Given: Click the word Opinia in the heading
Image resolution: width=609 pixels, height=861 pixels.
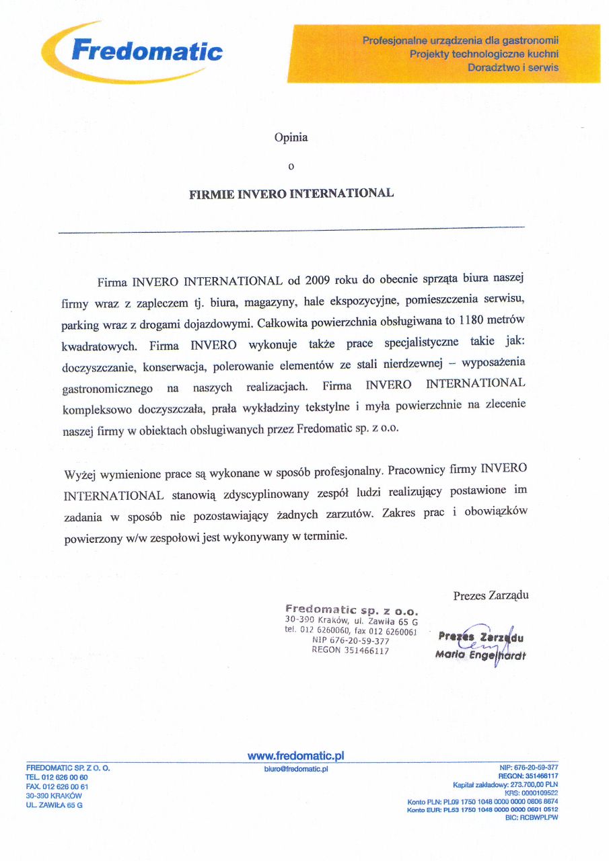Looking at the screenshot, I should (x=291, y=137).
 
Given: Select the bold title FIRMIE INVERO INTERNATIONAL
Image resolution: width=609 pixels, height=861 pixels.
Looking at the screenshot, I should (x=291, y=193).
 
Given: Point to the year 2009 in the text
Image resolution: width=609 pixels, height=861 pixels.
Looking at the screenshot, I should (x=318, y=279).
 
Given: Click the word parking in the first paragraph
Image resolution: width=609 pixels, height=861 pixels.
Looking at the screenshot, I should (x=79, y=325).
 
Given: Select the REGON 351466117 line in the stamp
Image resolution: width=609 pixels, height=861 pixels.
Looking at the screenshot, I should (x=350, y=650).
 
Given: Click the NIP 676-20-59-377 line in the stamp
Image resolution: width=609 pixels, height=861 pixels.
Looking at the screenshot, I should (x=351, y=641).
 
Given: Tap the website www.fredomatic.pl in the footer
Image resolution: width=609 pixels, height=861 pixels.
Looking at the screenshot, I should (x=296, y=756).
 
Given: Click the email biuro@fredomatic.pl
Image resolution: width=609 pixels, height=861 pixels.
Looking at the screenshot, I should (x=296, y=768).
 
